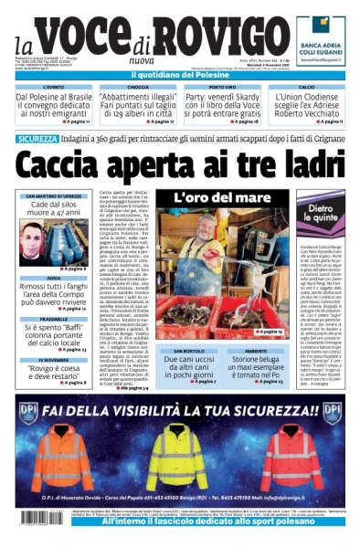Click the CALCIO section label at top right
306,87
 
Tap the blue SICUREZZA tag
42,139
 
